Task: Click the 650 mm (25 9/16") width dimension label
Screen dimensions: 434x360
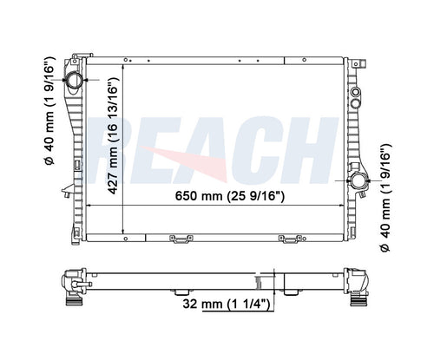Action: click(x=230, y=196)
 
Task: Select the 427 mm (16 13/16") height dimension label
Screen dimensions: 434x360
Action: click(x=113, y=135)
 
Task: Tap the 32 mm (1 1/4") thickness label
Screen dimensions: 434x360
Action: click(x=227, y=304)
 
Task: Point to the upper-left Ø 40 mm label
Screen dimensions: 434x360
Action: click(x=49, y=111)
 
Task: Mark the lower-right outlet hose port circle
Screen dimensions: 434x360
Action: click(x=359, y=180)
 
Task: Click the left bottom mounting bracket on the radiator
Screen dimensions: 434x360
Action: click(x=181, y=239)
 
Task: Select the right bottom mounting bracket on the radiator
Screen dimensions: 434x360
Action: click(x=290, y=239)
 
